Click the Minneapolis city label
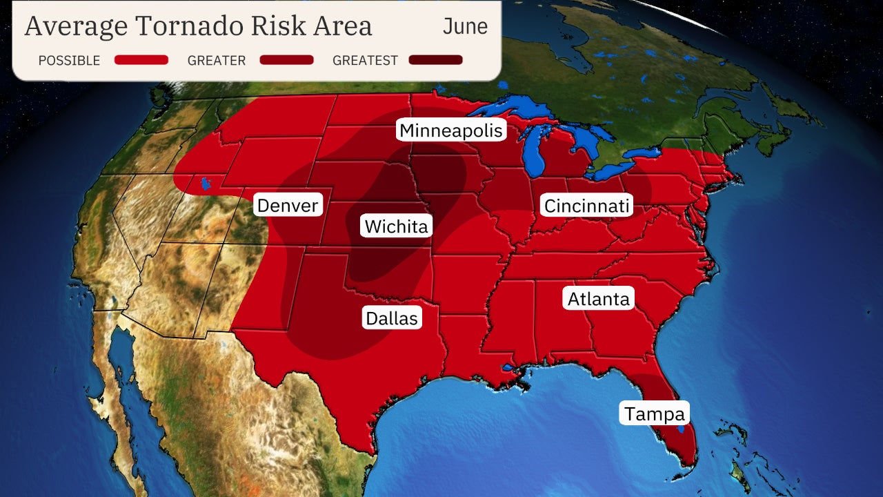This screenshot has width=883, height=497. coord(452,130)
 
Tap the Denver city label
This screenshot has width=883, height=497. coord(287,205)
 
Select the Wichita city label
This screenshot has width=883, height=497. coord(396,226)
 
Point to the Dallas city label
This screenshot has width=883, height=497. coord(391,318)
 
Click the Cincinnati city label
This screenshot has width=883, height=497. coord(586,206)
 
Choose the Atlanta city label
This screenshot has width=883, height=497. coord(598,299)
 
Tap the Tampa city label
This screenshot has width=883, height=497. coord(654,413)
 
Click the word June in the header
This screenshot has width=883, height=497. coord(464,26)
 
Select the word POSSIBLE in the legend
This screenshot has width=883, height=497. coord(69,61)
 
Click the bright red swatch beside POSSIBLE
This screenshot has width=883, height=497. coord(141,60)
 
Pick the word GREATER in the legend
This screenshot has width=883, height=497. coord(217,61)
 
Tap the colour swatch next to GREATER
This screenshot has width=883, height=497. coord(286,60)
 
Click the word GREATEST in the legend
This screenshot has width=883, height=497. coord(365,61)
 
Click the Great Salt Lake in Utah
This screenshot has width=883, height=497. coord(204,184)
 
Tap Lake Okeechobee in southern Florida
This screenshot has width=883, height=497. coord(681,429)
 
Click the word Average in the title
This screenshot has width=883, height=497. coord(76,26)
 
